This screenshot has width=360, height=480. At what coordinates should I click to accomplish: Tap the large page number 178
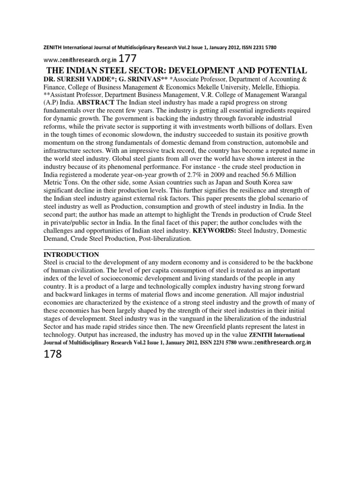(52, 354)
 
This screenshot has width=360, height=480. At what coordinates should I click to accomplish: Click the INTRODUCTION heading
(71, 255)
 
